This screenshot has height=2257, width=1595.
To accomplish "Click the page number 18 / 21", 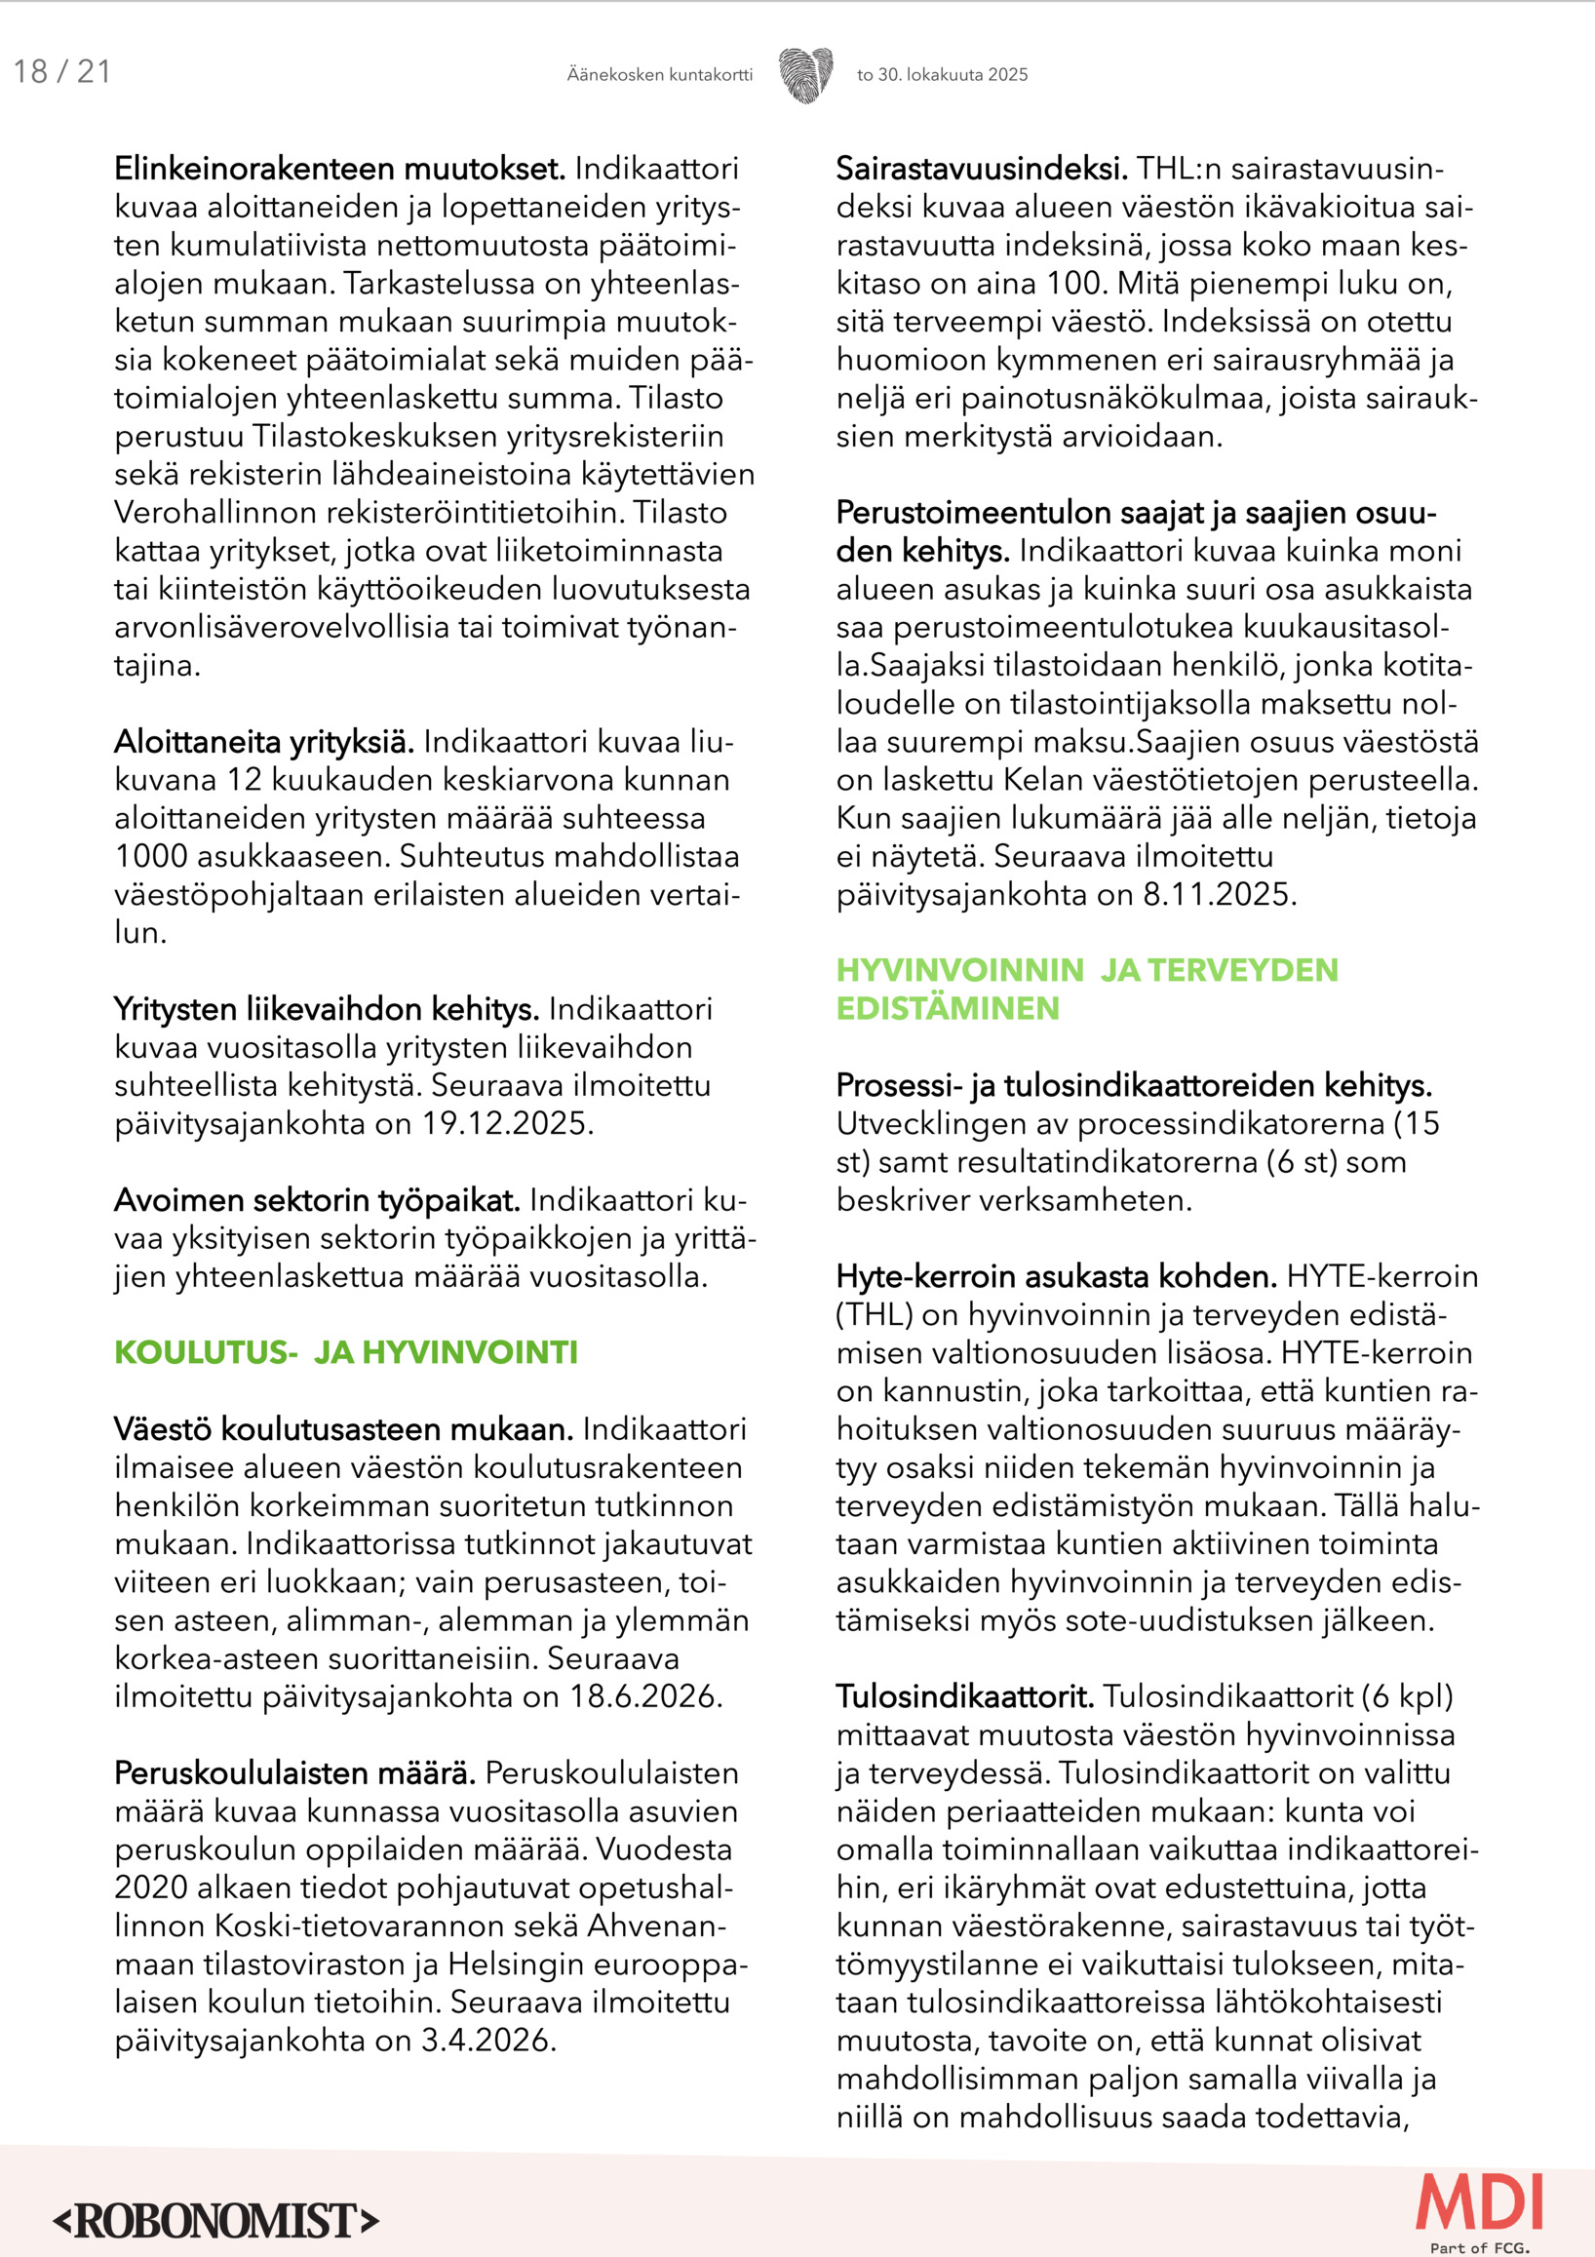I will pyautogui.click(x=62, y=72).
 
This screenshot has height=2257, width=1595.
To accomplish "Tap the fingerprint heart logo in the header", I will pyautogui.click(x=806, y=74).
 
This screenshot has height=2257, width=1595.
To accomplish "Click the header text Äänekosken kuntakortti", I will pyautogui.click(x=659, y=75).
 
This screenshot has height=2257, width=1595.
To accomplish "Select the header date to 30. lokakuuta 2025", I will pyautogui.click(x=942, y=75).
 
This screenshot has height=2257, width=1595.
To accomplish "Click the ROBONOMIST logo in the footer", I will pyautogui.click(x=215, y=2221).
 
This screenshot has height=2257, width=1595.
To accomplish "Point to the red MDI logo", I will pyautogui.click(x=1479, y=2205).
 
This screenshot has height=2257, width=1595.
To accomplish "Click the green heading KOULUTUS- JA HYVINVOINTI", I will pyautogui.click(x=346, y=1352).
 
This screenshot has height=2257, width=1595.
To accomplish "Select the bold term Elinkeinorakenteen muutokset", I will pyautogui.click(x=340, y=169).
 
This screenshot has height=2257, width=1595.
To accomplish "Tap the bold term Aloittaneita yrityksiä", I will pyautogui.click(x=264, y=741).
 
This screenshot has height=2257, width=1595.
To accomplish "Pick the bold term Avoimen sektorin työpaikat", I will pyautogui.click(x=318, y=1200).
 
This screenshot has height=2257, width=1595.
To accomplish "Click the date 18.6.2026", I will pyautogui.click(x=645, y=1696).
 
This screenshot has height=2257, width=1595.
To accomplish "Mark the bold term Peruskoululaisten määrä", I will pyautogui.click(x=294, y=1773).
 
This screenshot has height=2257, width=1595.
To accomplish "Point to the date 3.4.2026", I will pyautogui.click(x=488, y=2041).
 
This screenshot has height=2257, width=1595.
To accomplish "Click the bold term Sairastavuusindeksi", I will pyautogui.click(x=982, y=169).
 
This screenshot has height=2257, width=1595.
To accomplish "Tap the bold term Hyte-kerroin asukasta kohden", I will pyautogui.click(x=1057, y=1277).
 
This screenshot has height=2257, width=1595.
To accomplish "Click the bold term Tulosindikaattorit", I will pyautogui.click(x=965, y=1696).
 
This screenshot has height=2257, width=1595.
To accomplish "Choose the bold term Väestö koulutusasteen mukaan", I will pyautogui.click(x=344, y=1429).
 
